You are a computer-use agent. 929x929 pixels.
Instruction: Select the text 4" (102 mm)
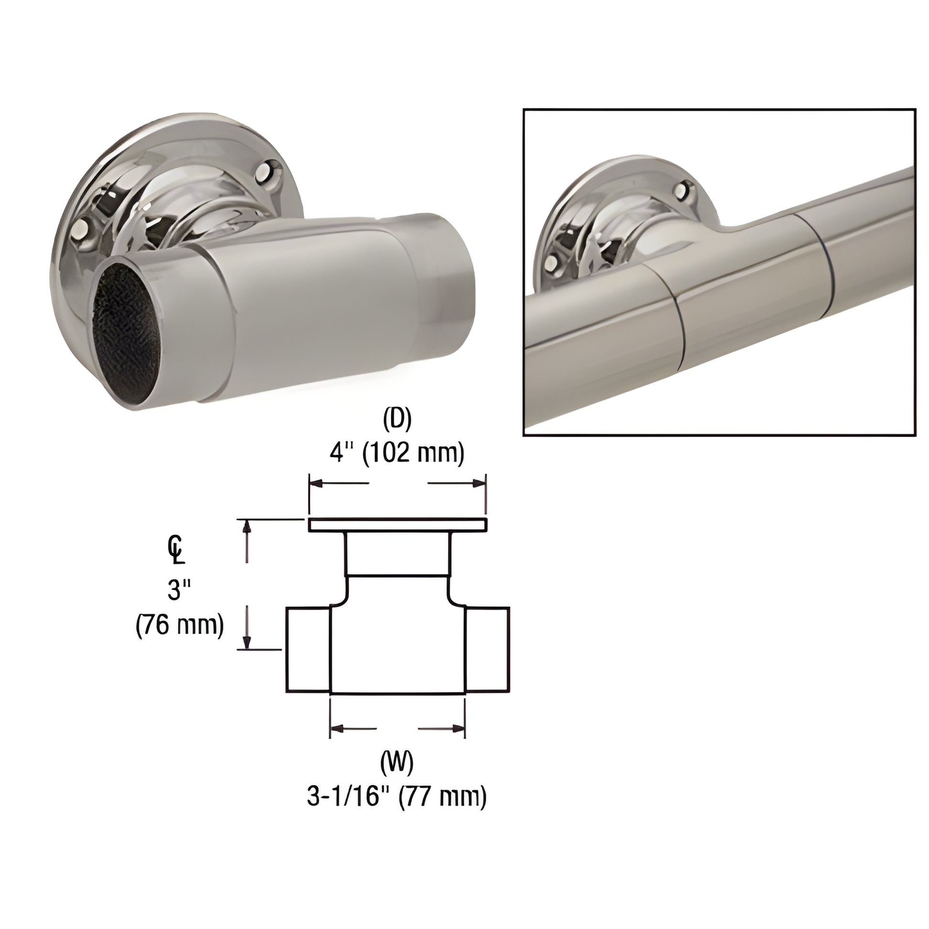tap(397, 453)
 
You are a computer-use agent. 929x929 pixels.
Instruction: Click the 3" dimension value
tap(179, 590)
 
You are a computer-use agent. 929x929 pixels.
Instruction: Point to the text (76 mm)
tap(180, 625)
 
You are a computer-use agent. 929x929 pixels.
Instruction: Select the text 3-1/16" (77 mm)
tap(397, 796)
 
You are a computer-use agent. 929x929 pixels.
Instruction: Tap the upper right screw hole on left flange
tap(268, 174)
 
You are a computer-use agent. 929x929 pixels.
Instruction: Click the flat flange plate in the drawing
tap(397, 525)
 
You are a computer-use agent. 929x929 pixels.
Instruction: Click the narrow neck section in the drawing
tap(398, 553)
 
